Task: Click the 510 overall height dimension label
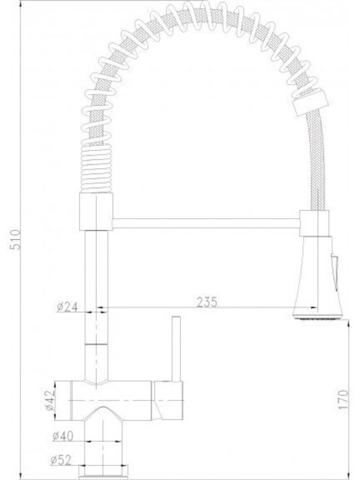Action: pyautogui.click(x=15, y=239)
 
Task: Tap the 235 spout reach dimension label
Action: pyautogui.click(x=207, y=302)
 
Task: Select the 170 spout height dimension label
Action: pyautogui.click(x=343, y=399)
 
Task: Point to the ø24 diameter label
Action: pyautogui.click(x=67, y=307)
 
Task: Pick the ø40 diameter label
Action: pyautogui.click(x=63, y=436)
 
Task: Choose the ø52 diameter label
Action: pyautogui.click(x=61, y=460)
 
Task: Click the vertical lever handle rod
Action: pyautogui.click(x=176, y=349)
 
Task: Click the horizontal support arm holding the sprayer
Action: pyautogui.click(x=206, y=223)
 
